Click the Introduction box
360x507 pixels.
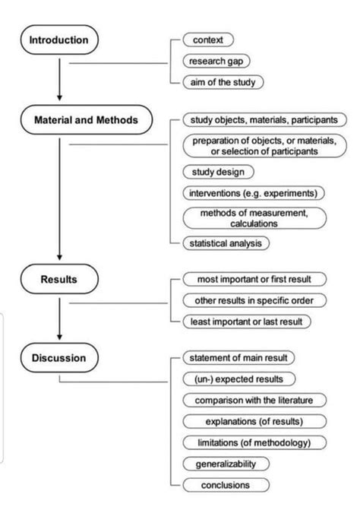(x=59, y=40)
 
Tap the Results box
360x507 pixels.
(x=59, y=279)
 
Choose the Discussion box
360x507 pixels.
(x=59, y=357)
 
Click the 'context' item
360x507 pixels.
(x=208, y=40)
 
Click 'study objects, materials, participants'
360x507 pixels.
(x=264, y=119)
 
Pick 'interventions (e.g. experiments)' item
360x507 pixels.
(x=254, y=192)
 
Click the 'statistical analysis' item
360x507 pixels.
(x=226, y=243)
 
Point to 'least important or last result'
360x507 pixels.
(x=247, y=321)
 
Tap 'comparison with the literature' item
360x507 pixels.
(x=254, y=400)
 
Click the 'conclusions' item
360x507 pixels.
(x=226, y=484)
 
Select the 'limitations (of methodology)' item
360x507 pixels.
(x=254, y=442)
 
